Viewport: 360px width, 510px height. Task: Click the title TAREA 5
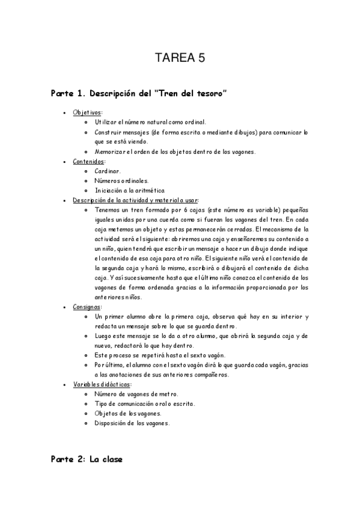[180, 58]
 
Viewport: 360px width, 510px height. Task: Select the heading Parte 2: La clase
[87, 459]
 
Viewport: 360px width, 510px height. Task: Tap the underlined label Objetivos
[87, 112]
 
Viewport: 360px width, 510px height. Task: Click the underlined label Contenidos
[89, 161]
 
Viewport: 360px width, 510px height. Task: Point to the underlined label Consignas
[87, 306]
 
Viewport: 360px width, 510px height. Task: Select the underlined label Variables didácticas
[101, 384]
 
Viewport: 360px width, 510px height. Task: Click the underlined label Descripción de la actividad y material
[136, 200]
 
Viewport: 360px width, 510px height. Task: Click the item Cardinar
[108, 171]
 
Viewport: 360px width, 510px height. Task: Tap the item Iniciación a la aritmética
[130, 190]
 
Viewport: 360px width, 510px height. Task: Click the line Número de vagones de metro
[136, 393]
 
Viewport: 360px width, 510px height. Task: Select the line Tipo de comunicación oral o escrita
[148, 403]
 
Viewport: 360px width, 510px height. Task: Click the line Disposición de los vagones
[132, 422]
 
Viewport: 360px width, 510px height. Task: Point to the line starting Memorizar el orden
[175, 151]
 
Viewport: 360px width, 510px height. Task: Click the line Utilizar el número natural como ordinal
[150, 121]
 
